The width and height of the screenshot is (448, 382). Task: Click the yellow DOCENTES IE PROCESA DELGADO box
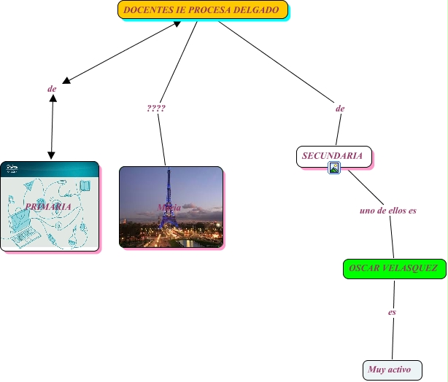(202, 10)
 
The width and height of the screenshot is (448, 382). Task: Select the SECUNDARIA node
(333, 155)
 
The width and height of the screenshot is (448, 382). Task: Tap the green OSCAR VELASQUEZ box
(393, 268)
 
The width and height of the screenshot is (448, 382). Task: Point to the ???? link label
(155, 108)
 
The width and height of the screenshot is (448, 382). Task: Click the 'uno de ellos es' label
(388, 211)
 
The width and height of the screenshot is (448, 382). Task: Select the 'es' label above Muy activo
(392, 312)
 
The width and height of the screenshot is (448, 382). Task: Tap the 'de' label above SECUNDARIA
(339, 108)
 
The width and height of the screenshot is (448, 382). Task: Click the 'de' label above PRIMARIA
(52, 89)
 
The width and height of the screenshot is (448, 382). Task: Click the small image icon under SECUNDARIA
(334, 168)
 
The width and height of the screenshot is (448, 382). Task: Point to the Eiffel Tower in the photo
(169, 193)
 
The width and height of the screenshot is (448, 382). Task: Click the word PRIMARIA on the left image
(48, 206)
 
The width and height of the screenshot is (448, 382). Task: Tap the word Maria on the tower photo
(169, 207)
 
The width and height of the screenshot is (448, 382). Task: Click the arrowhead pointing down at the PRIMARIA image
(51, 155)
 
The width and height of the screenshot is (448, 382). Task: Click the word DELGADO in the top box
(256, 10)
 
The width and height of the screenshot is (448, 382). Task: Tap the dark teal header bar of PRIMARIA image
(50, 168)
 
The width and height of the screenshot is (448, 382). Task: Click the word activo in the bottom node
(399, 370)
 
